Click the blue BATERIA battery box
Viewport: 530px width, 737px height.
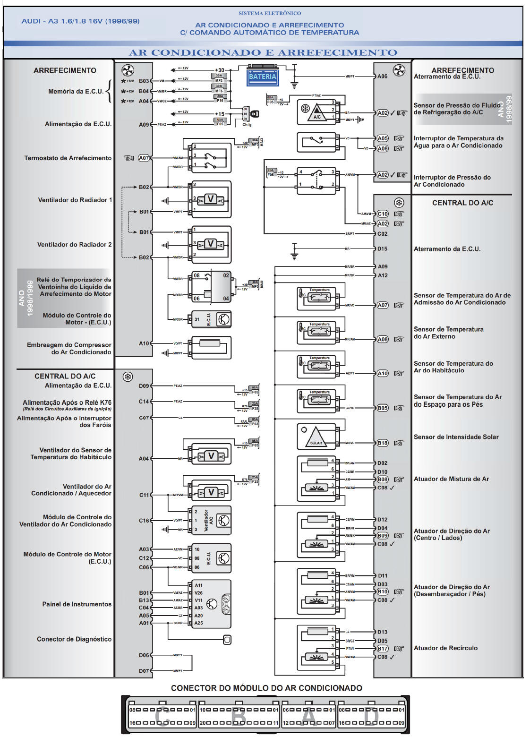[262, 77]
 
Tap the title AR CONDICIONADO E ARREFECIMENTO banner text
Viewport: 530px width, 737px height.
[263, 52]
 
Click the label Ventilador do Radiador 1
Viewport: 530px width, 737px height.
[75, 200]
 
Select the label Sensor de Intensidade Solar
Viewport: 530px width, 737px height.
[456, 437]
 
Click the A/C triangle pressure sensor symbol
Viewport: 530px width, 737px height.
[317, 112]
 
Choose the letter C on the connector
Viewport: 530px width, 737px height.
[162, 716]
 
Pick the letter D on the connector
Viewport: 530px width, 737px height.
[371, 716]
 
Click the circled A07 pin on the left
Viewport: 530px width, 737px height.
[144, 158]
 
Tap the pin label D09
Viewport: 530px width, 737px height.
[144, 386]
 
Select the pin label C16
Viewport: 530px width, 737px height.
[144, 521]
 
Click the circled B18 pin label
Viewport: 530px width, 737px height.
[382, 443]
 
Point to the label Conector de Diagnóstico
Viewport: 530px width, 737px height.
[74, 639]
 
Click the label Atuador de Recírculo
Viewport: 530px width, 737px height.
[445, 648]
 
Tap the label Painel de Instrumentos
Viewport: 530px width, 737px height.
[77, 604]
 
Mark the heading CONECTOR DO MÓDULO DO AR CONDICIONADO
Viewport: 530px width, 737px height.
[266, 688]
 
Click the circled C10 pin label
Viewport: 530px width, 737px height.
[382, 214]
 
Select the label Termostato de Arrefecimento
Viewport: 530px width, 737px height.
[68, 158]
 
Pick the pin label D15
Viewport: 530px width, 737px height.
[382, 249]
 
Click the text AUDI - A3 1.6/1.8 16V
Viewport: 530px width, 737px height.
[80, 21]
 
